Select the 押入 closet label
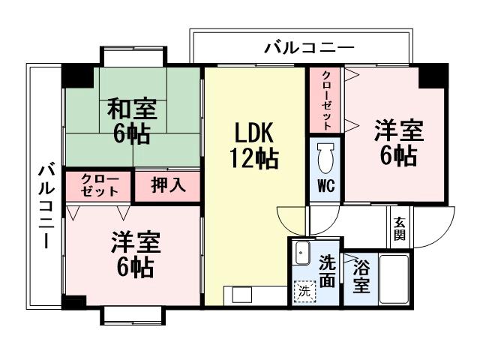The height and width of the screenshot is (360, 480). coord(168,186)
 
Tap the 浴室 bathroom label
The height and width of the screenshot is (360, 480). coord(361,277)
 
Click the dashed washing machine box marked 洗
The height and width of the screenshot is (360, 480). coord(304,291)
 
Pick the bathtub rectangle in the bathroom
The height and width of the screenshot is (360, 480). coord(393,279)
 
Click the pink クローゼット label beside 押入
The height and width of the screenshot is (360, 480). coord(99,186)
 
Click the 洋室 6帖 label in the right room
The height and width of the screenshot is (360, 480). coord(398,142)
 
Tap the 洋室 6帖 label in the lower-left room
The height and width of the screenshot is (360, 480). coord(136,255)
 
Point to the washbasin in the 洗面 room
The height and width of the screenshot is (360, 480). coord(302,253)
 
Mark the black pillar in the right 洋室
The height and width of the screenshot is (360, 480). coord(433,76)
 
